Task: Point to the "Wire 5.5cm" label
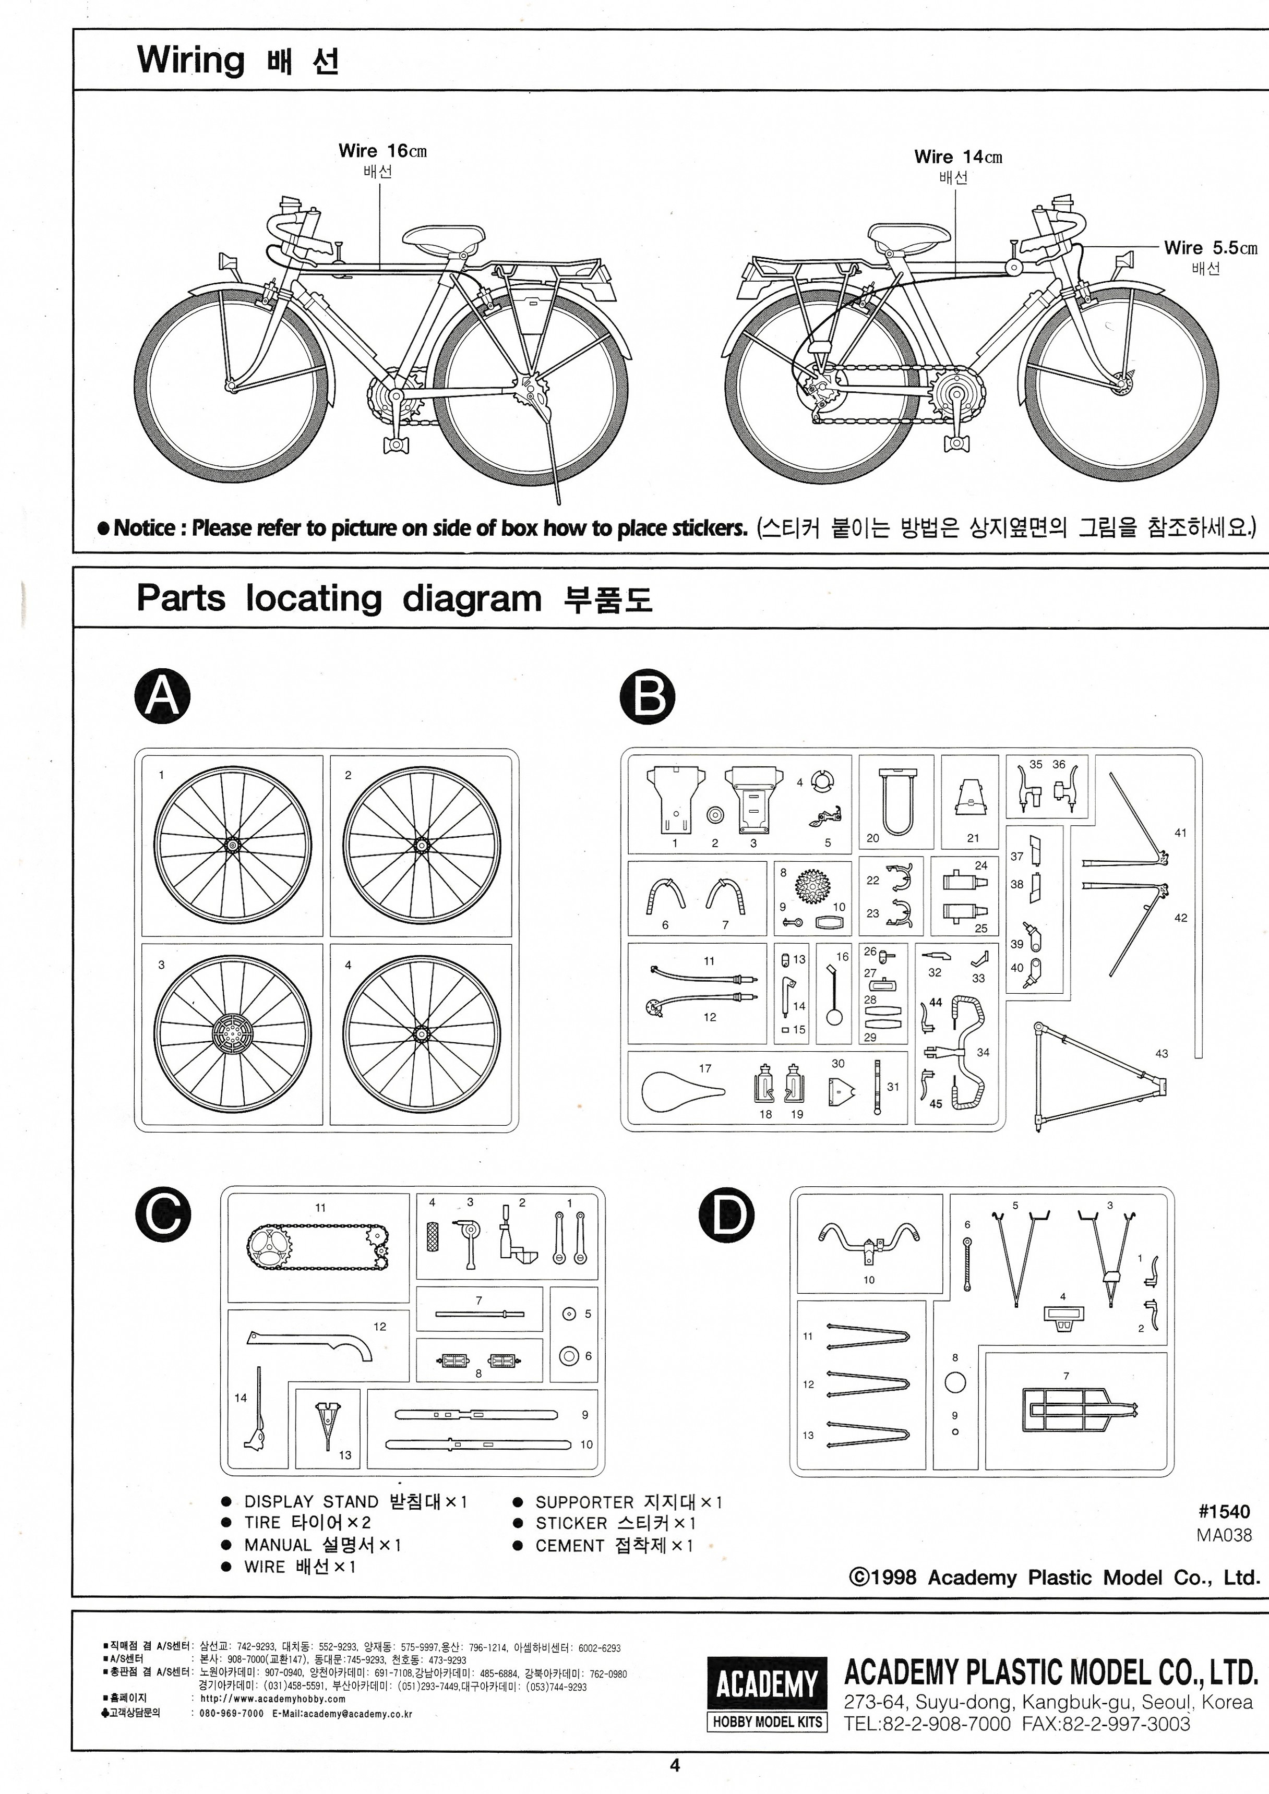point(1210,248)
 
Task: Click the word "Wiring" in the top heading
point(190,60)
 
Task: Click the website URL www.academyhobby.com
point(273,1699)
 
